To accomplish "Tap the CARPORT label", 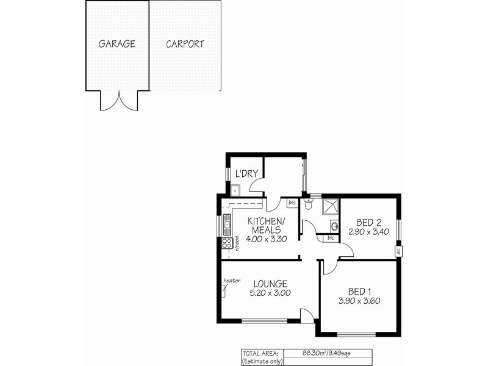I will coord(184,45).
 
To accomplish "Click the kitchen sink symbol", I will coord(227,224).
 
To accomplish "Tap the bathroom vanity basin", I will coord(334,227).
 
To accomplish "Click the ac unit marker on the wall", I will coord(398,249).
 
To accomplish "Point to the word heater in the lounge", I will coord(232,281).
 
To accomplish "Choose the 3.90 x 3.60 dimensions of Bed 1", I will coord(359,301).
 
